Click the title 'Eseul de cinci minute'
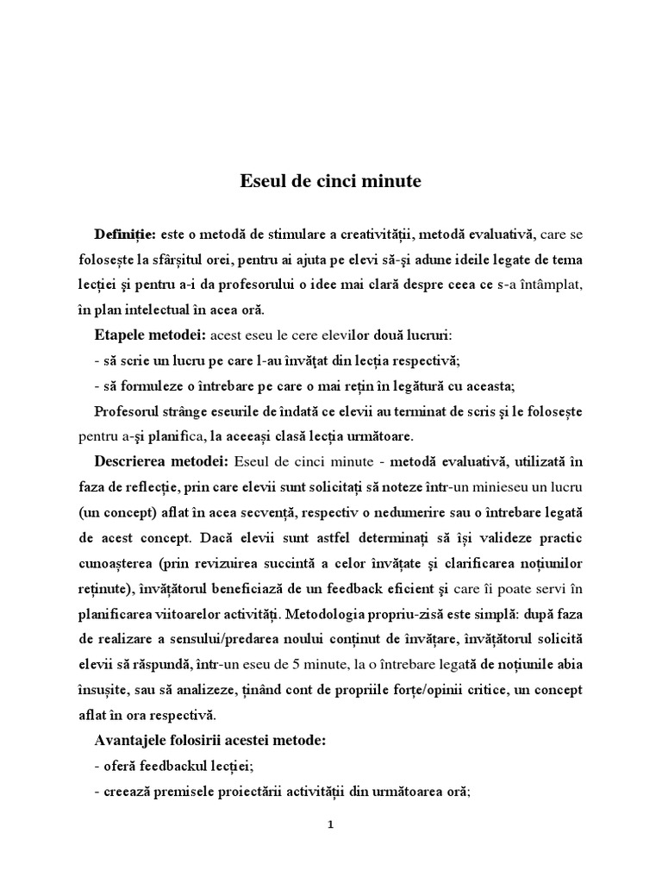point(330,183)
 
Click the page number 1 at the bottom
point(330,824)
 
